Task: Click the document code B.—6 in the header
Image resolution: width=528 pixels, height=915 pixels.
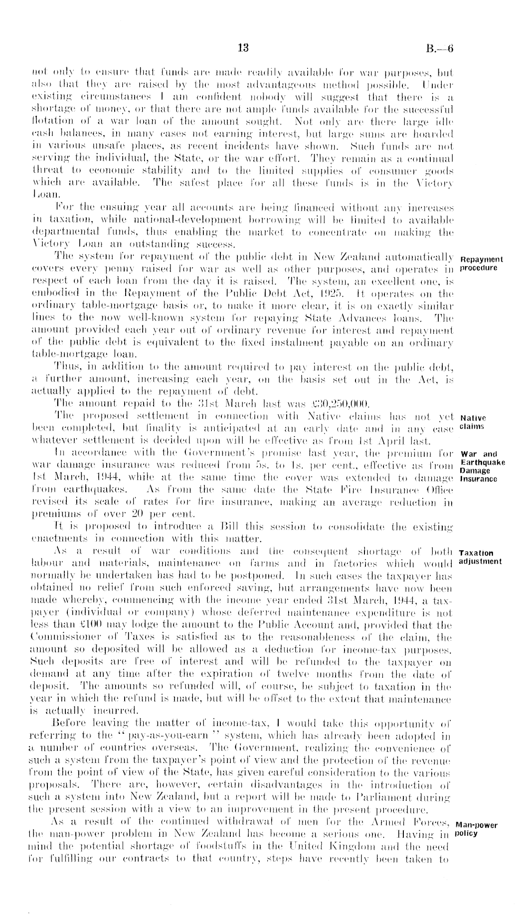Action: (x=440, y=48)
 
